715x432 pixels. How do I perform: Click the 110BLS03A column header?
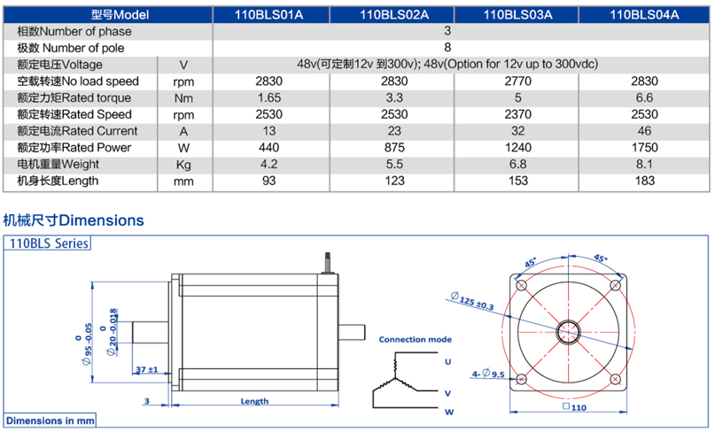(x=518, y=14)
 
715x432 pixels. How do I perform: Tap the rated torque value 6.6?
(x=644, y=97)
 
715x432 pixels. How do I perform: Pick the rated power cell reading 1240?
(x=518, y=147)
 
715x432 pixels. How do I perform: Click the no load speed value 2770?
(x=518, y=81)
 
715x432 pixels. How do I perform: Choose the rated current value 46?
(x=644, y=130)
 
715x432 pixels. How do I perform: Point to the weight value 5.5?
(x=393, y=164)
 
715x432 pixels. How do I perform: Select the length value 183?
(x=644, y=181)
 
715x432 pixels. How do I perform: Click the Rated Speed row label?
(x=74, y=114)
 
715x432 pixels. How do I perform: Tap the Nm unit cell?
(x=183, y=97)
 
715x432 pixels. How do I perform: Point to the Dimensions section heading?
(x=74, y=220)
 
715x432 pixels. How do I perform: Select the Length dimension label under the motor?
(x=254, y=401)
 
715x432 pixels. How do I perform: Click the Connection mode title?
(x=415, y=339)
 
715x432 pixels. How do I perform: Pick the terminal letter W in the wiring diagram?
(x=448, y=412)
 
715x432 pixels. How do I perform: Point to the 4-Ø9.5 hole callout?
(x=488, y=374)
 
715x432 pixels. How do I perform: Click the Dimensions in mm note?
(x=50, y=420)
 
